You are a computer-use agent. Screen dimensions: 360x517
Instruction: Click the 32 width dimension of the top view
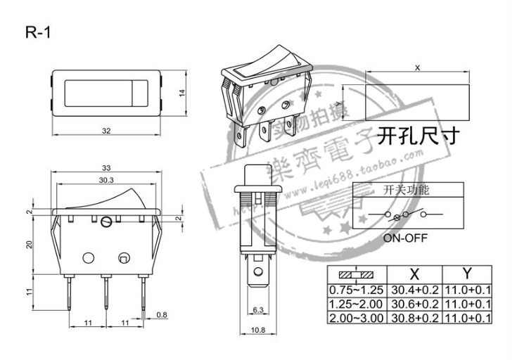click(x=107, y=131)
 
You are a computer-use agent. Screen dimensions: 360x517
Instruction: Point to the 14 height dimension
click(x=180, y=94)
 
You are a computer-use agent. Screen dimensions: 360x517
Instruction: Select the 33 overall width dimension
click(x=107, y=168)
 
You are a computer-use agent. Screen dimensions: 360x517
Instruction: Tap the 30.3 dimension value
click(x=107, y=181)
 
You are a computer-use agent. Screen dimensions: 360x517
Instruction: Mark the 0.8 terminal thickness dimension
click(x=162, y=314)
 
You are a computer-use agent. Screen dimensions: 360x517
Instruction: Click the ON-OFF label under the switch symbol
click(x=405, y=238)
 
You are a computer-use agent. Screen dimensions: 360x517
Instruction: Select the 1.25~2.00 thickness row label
click(x=356, y=304)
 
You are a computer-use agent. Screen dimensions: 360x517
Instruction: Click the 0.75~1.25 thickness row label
click(x=356, y=290)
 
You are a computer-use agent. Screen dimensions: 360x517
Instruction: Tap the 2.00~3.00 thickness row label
click(x=356, y=319)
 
